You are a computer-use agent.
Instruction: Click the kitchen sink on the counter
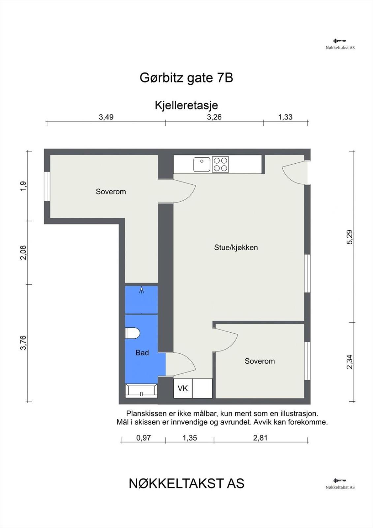pyautogui.click(x=202, y=164)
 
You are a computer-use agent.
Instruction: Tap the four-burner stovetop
pyautogui.click(x=220, y=164)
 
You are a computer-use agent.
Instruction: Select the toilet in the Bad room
pyautogui.click(x=133, y=333)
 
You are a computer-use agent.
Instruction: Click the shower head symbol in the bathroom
pyautogui.click(x=141, y=290)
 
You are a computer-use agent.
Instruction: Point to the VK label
pyautogui.click(x=183, y=388)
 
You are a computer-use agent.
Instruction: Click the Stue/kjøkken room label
pyautogui.click(x=236, y=247)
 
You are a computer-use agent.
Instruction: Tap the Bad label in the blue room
pyautogui.click(x=142, y=353)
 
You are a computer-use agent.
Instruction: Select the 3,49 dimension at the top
pyautogui.click(x=106, y=117)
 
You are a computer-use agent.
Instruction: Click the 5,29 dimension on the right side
pyautogui.click(x=350, y=237)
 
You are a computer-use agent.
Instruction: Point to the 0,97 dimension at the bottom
pyautogui.click(x=143, y=438)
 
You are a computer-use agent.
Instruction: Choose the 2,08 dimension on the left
pyautogui.click(x=23, y=252)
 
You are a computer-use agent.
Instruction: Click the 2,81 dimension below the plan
pyautogui.click(x=260, y=438)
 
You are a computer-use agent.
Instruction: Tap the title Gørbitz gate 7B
pyautogui.click(x=186, y=78)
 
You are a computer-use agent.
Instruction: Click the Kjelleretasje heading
pyautogui.click(x=186, y=105)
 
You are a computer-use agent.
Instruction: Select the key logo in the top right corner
pyautogui.click(x=340, y=41)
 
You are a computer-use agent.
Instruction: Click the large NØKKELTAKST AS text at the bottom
pyautogui.click(x=187, y=484)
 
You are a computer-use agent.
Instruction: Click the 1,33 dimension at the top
pyautogui.click(x=285, y=117)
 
